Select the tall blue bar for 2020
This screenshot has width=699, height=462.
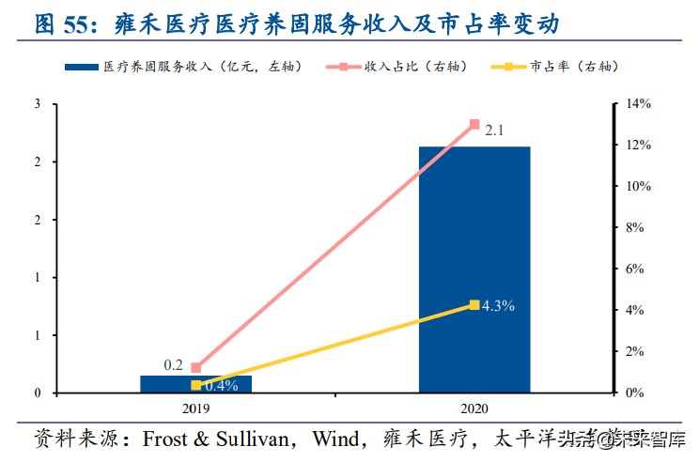[x=474, y=269]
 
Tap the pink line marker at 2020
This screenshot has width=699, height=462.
[x=474, y=124]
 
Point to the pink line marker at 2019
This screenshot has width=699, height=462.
[x=196, y=368]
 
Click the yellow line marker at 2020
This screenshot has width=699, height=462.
[x=474, y=305]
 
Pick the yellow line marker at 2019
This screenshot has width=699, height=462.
[x=196, y=385]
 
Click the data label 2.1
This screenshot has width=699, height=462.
[x=495, y=131]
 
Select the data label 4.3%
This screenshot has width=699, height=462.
[x=498, y=306]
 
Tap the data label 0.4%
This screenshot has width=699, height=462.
[x=221, y=386]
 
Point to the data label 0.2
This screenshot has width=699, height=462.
[x=174, y=364]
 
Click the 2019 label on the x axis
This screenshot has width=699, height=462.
[x=196, y=409]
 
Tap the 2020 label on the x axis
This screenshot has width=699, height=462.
[x=474, y=409]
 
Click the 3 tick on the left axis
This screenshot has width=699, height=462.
[x=37, y=104]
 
